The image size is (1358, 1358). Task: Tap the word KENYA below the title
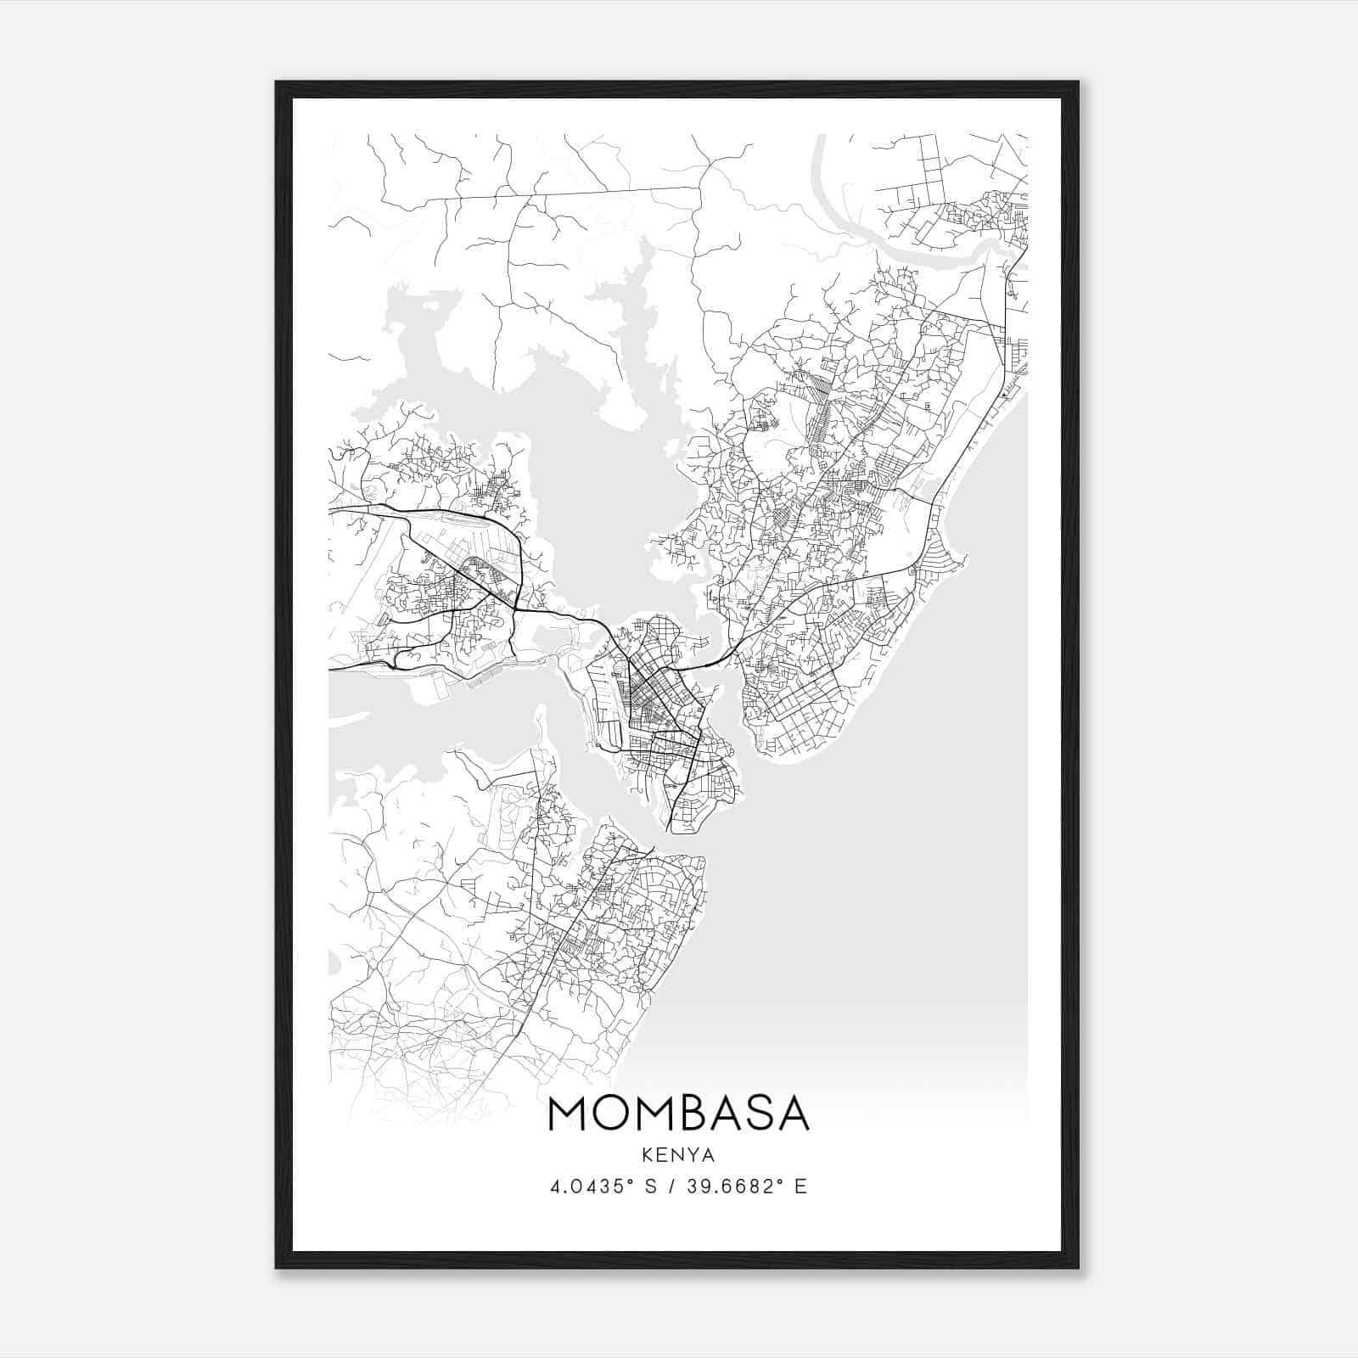pos(679,1155)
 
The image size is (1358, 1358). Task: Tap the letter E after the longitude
pos(800,1187)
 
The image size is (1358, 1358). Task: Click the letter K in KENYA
pos(648,1155)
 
